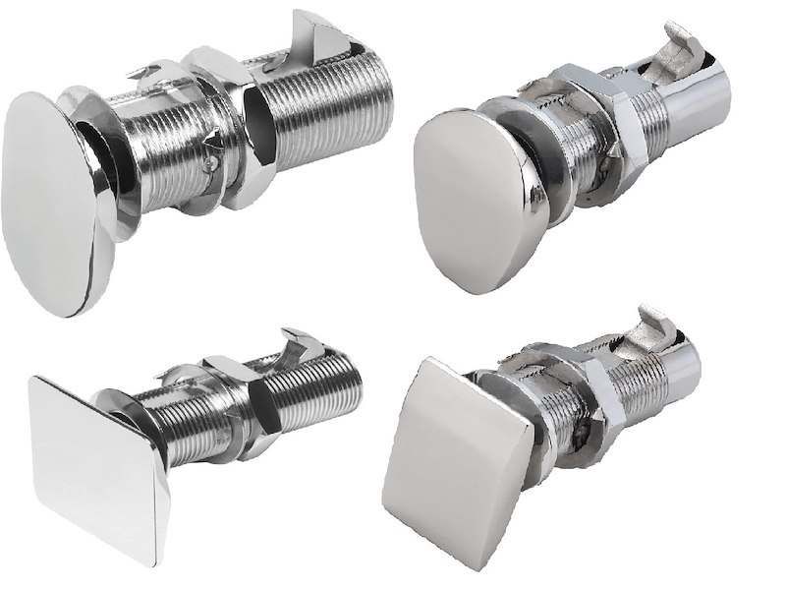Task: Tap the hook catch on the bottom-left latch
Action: point(300,344)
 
